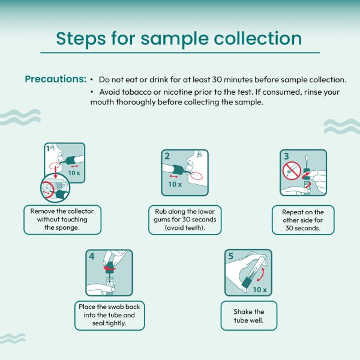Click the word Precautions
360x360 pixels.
pos(55,79)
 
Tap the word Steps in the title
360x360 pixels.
pos(81,39)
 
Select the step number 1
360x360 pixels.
pos(47,149)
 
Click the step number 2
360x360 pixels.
pos(167,157)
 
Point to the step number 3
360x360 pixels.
pos(286,157)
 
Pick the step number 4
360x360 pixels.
pos(92,256)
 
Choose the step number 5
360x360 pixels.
pos(230,256)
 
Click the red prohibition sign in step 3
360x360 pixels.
pos(292,170)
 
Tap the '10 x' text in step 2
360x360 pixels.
pos(175,184)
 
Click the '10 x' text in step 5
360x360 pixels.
pos(260,290)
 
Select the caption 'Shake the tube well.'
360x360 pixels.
pos(249,316)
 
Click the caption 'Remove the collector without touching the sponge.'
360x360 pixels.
pos(62,219)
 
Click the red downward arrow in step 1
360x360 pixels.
pos(55,172)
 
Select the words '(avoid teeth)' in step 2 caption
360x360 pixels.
pos(185,228)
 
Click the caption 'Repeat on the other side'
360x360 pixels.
pos(303,216)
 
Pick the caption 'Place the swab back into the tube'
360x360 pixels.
pos(109,311)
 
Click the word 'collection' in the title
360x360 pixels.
pos(258,38)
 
